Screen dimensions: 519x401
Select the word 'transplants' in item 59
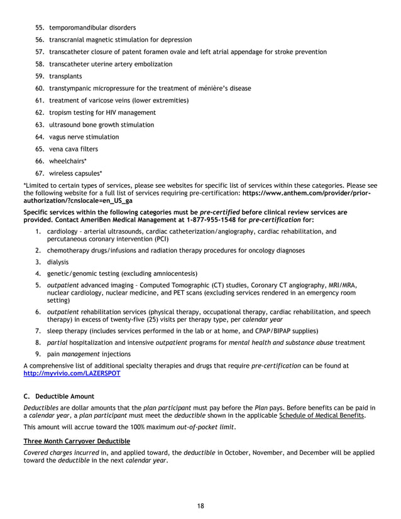65,76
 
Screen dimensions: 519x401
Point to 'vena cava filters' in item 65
74,149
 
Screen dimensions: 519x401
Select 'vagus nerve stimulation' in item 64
84,136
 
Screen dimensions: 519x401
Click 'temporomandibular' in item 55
77,28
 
